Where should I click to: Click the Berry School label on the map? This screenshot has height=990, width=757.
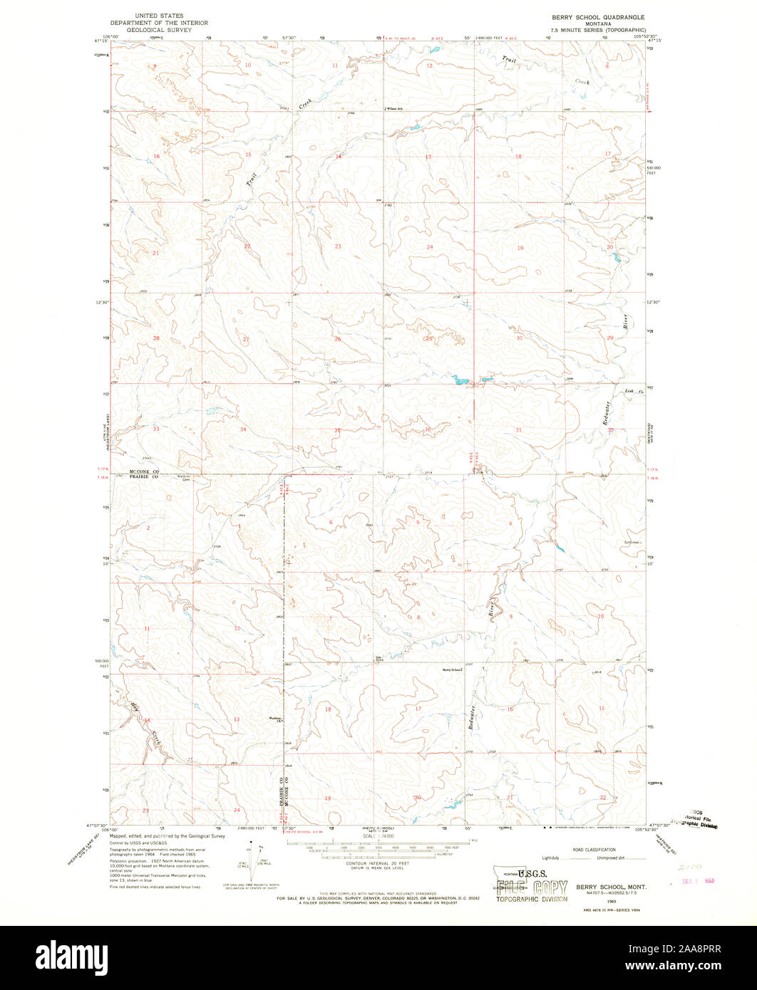coord(453,669)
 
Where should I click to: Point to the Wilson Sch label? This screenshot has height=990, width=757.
coord(396,109)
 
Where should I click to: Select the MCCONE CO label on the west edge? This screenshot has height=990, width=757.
coord(147,472)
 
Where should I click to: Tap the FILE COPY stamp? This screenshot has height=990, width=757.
coord(531,887)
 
